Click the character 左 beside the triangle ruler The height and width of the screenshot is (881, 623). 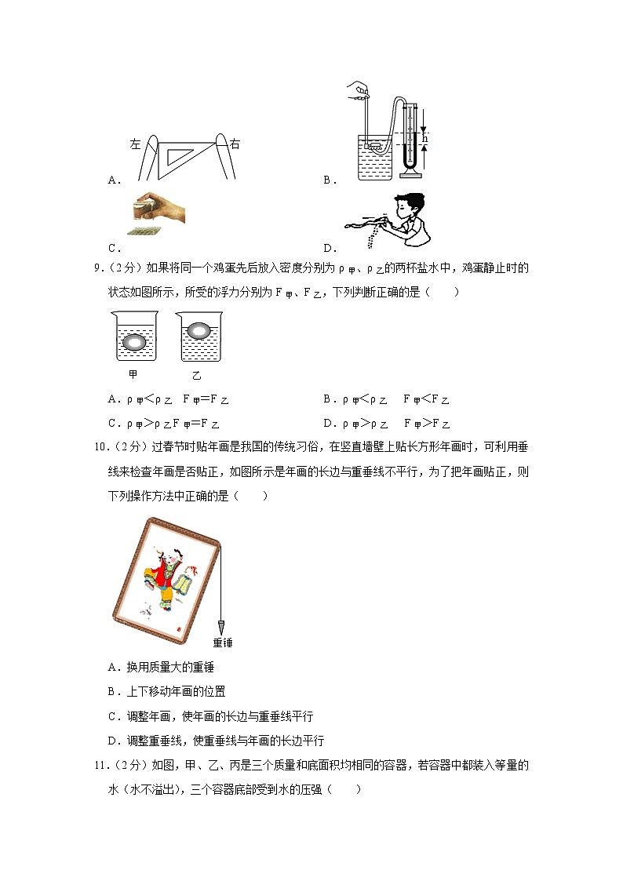(x=135, y=144)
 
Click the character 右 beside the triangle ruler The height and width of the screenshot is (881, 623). (x=235, y=144)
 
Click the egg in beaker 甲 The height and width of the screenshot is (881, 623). (x=136, y=342)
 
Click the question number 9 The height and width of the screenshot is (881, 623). (x=97, y=268)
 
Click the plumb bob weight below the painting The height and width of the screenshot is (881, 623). (x=221, y=628)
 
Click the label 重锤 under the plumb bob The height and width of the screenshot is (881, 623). (x=223, y=643)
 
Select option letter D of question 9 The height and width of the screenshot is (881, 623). (x=327, y=424)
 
